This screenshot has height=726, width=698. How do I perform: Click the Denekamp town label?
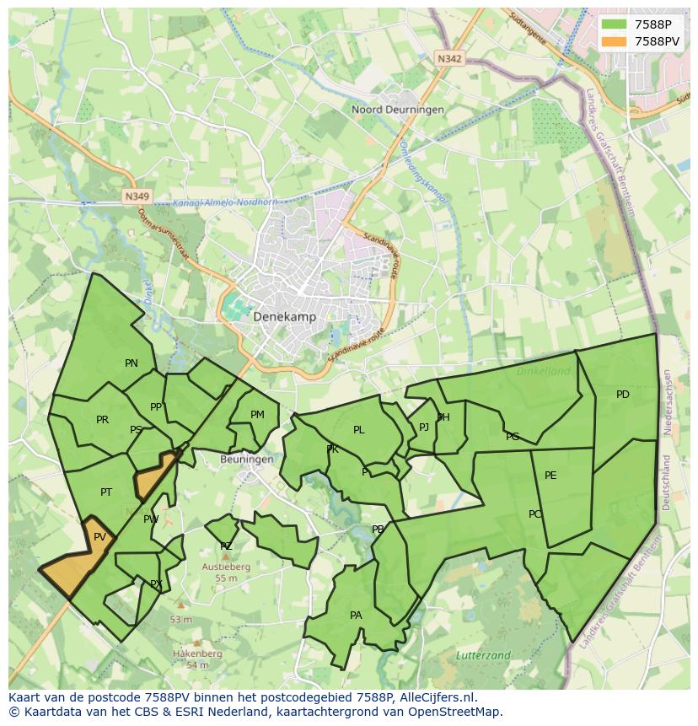(x=284, y=317)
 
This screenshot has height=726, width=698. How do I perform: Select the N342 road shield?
(x=449, y=58)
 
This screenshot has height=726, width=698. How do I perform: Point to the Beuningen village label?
(x=246, y=460)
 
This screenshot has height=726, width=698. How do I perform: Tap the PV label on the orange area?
(x=99, y=537)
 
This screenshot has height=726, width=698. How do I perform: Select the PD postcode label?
(x=622, y=395)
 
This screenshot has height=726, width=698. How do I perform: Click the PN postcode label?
(x=131, y=363)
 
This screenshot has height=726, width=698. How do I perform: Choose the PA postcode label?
(x=356, y=616)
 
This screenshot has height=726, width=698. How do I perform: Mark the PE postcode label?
(x=550, y=476)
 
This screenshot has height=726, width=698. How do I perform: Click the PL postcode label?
(x=358, y=430)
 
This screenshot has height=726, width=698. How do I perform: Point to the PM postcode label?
(x=257, y=414)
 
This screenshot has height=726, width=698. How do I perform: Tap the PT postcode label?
(x=106, y=492)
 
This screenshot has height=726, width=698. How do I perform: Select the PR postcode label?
(x=102, y=420)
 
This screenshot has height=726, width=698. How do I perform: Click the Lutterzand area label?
(x=483, y=655)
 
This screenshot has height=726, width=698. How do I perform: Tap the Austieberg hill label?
(x=226, y=567)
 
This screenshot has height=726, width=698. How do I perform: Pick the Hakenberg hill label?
(x=197, y=653)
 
